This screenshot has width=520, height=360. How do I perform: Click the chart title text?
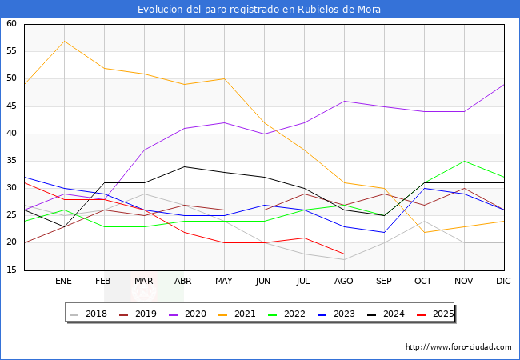259,10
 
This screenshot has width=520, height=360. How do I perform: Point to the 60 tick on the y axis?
12,24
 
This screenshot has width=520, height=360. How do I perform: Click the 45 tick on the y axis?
12,106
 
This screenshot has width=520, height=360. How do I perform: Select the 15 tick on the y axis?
12,270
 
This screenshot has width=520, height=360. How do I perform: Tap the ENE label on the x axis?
64,282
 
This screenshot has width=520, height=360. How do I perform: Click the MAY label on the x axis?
224,282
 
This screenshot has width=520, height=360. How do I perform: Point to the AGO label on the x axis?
344,282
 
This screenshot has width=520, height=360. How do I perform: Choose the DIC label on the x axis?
504,282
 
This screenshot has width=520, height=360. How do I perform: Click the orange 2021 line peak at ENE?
64,41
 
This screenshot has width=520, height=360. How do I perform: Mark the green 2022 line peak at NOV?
464,161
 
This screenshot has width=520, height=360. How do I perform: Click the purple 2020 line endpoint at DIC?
504,85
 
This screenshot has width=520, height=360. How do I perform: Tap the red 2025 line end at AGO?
344,254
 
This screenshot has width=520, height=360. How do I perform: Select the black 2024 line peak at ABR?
184,166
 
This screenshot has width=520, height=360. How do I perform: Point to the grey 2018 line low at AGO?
344,259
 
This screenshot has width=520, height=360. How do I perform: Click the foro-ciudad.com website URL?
458,347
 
